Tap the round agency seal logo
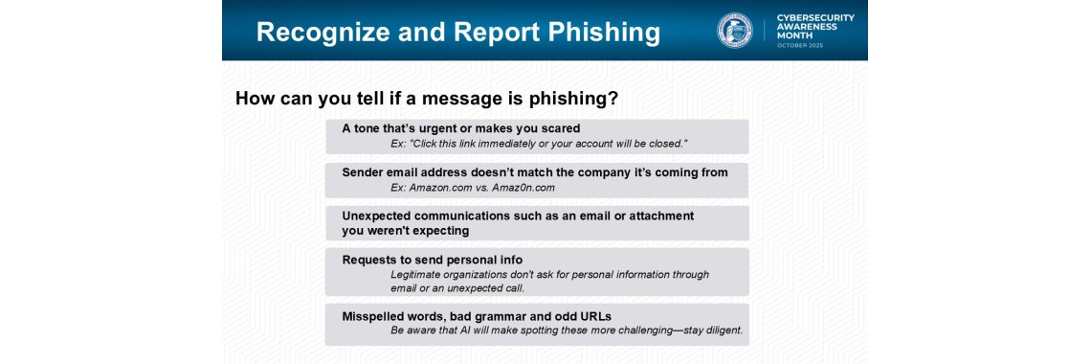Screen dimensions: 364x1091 coord(735,31)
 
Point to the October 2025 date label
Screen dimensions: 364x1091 coord(799,45)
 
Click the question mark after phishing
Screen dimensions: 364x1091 coord(612,98)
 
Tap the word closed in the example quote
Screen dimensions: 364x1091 coord(666,144)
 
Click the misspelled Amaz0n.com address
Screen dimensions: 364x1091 coord(523,188)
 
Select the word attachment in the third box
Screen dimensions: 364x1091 coord(660,216)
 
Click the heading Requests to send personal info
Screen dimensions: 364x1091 coord(432,260)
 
